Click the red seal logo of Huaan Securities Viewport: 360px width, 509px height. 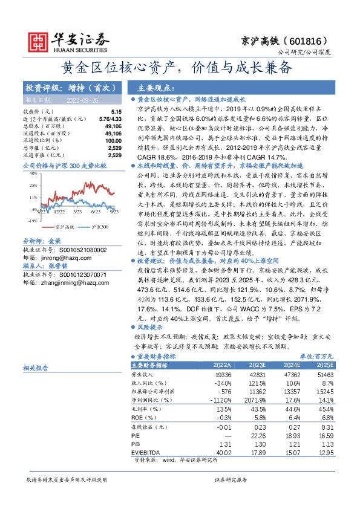[x=37, y=39]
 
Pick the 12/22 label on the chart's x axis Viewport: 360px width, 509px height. [x=59, y=212]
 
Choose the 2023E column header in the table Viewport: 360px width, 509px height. [x=257, y=365]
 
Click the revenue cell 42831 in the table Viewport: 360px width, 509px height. [x=258, y=375]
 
